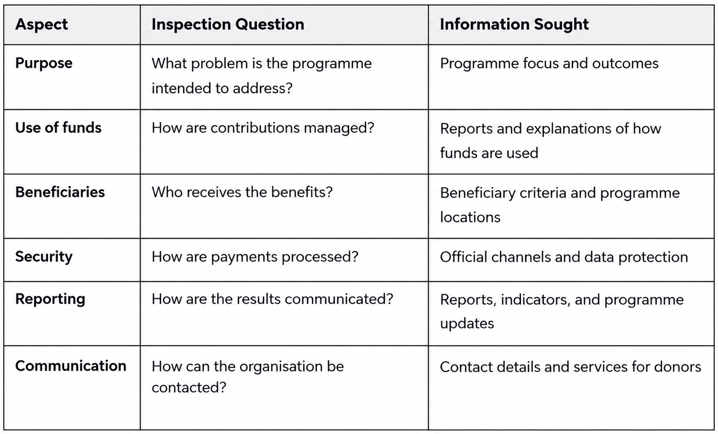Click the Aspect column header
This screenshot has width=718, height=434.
(41, 25)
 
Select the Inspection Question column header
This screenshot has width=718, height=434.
(228, 25)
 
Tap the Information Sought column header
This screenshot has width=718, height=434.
(514, 25)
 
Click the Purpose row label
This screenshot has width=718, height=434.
(44, 63)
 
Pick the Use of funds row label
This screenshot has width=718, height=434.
(58, 128)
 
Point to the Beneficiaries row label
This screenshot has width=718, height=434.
(60, 192)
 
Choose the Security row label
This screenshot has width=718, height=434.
(44, 257)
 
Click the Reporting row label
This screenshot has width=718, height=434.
(50, 299)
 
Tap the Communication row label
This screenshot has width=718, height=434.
(71, 366)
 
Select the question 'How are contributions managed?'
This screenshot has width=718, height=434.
(263, 128)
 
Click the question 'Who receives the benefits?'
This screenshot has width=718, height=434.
(242, 192)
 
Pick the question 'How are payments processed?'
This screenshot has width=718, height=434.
(255, 257)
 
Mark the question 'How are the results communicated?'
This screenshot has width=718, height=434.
(272, 299)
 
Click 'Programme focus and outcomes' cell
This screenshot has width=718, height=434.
(549, 64)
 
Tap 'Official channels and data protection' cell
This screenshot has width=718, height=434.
(564, 257)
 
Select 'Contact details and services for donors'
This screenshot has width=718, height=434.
(570, 367)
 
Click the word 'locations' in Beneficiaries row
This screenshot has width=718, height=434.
(470, 217)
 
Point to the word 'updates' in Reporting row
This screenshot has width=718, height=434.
(467, 323)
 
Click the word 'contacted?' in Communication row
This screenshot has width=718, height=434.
(189, 388)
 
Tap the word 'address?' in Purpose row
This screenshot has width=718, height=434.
(262, 88)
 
